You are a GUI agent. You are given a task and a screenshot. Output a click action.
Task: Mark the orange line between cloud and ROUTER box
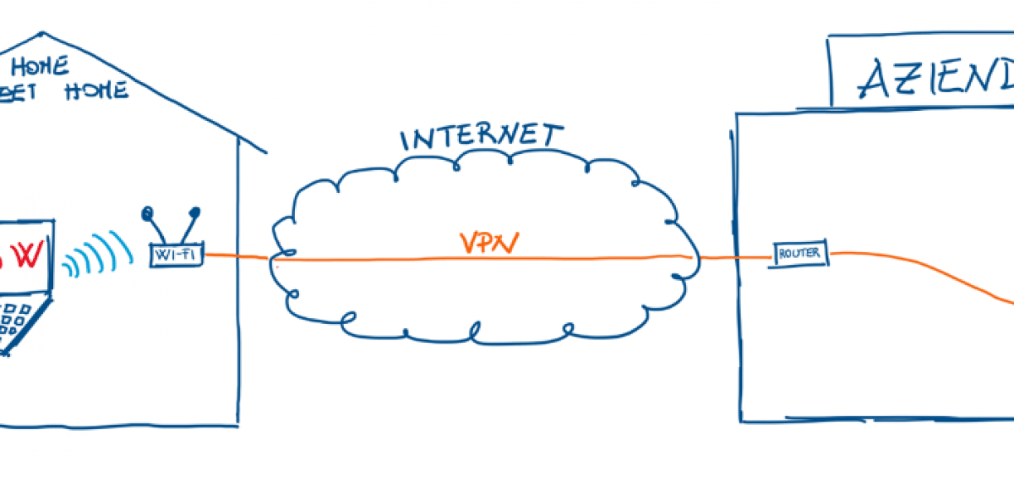point(732,257)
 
